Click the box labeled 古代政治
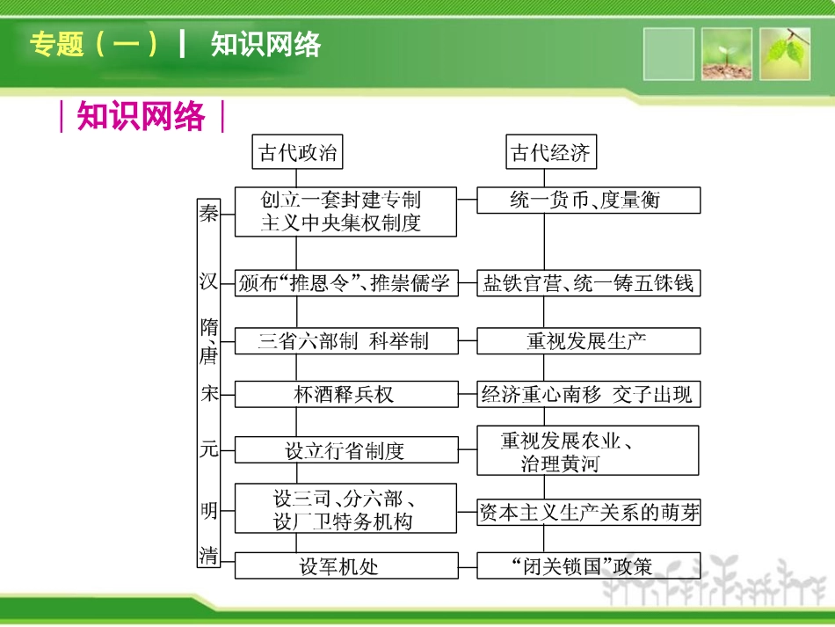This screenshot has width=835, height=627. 297,153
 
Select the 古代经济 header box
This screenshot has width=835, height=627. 551,153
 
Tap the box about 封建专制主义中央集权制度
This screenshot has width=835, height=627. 345,211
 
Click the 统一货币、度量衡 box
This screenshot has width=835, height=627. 588,200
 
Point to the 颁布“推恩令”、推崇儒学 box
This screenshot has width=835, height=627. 345,283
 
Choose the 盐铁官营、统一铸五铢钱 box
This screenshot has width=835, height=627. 588,283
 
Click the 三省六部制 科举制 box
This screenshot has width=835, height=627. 345,341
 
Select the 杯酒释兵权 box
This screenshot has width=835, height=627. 345,394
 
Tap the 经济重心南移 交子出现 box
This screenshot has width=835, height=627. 588,394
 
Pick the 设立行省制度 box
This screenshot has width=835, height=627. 345,451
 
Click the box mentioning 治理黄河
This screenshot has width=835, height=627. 588,451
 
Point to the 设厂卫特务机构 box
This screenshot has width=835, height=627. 345,509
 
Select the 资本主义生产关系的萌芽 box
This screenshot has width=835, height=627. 588,513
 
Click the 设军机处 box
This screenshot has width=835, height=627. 345,565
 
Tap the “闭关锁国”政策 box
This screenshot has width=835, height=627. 588,565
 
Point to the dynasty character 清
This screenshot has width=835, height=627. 208,555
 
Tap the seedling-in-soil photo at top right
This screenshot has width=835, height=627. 727,54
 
